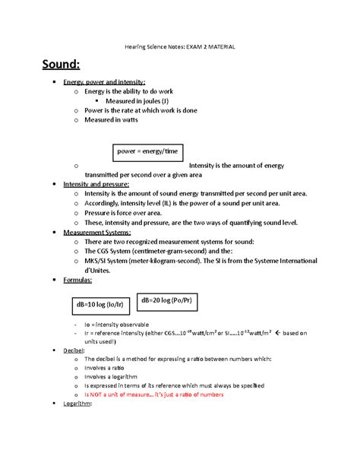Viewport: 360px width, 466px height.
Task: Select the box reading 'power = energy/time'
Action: point(148,151)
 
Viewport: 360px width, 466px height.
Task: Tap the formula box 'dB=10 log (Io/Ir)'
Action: point(99,304)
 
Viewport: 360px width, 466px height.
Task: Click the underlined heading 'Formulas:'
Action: point(78,281)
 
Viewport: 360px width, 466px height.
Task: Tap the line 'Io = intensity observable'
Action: point(126,324)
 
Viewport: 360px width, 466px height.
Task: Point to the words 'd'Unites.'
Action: point(99,270)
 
